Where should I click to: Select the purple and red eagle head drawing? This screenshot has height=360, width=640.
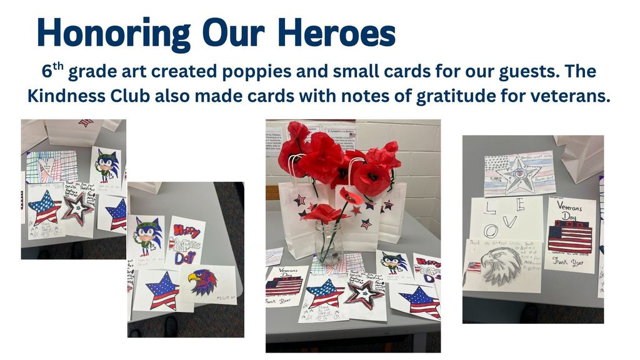(x=203, y=281)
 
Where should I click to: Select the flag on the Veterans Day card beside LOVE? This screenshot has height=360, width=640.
(x=569, y=238)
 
